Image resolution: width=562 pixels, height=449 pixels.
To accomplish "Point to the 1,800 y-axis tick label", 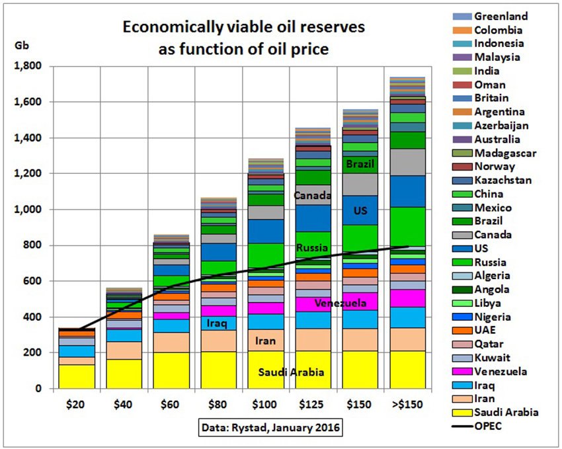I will point(28,67).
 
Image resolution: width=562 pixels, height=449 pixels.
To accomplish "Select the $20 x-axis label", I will point(77,403).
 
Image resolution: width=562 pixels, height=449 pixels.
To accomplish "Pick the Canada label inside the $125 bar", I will point(313,196).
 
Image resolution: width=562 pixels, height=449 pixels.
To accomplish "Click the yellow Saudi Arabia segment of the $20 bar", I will point(77,376).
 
